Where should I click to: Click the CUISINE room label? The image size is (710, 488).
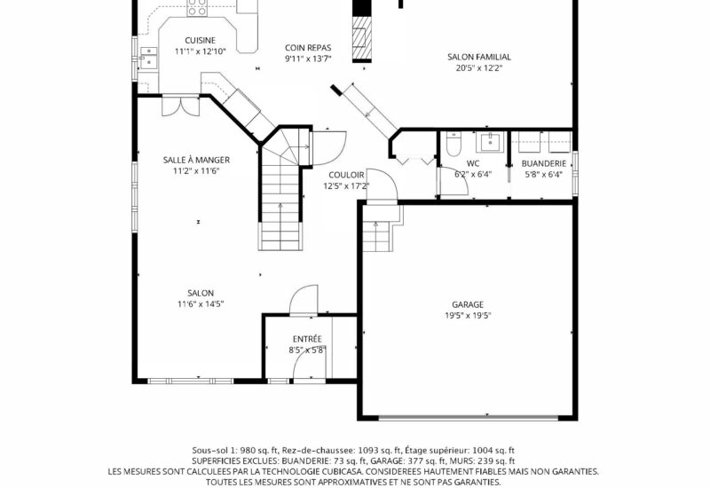(x=201, y=41)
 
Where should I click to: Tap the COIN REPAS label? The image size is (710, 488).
(x=308, y=48)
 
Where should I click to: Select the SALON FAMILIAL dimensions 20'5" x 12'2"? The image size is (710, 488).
(x=479, y=68)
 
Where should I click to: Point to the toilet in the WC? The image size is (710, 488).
(x=454, y=144)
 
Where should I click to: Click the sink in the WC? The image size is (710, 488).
(x=490, y=142)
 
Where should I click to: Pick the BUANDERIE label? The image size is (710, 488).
(x=544, y=163)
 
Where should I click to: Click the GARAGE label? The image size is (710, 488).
(x=468, y=304)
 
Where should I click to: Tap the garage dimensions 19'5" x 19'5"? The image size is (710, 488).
(x=468, y=316)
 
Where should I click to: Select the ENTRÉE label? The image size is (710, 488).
(x=307, y=339)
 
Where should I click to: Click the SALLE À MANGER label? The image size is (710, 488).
(x=196, y=160)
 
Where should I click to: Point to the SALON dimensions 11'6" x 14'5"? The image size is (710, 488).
(x=201, y=304)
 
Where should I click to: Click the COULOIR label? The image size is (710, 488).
(x=346, y=175)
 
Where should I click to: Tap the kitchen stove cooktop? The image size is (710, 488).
(x=197, y=8)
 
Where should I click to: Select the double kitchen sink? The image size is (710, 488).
(x=148, y=58)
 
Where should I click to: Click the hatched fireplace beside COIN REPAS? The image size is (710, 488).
(x=362, y=38)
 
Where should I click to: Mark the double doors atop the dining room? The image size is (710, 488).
(x=180, y=106)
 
